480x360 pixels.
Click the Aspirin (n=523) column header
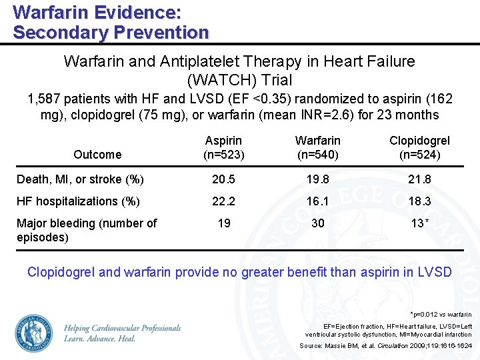[224, 147]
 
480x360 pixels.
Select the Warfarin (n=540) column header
[318, 147]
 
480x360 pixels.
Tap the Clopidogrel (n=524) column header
[419, 147]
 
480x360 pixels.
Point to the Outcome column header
[97, 155]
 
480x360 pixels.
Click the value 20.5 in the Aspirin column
[224, 179]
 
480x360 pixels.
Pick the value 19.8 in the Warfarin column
[318, 179]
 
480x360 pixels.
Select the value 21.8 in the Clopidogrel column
[419, 179]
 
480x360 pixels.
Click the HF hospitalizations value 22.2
[224, 201]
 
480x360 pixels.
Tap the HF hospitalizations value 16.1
[318, 201]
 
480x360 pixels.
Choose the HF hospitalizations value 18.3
[419, 201]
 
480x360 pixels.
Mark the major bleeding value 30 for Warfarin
[318, 223]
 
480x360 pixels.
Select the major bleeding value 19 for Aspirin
[224, 223]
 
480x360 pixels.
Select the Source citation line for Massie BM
[385, 346]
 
